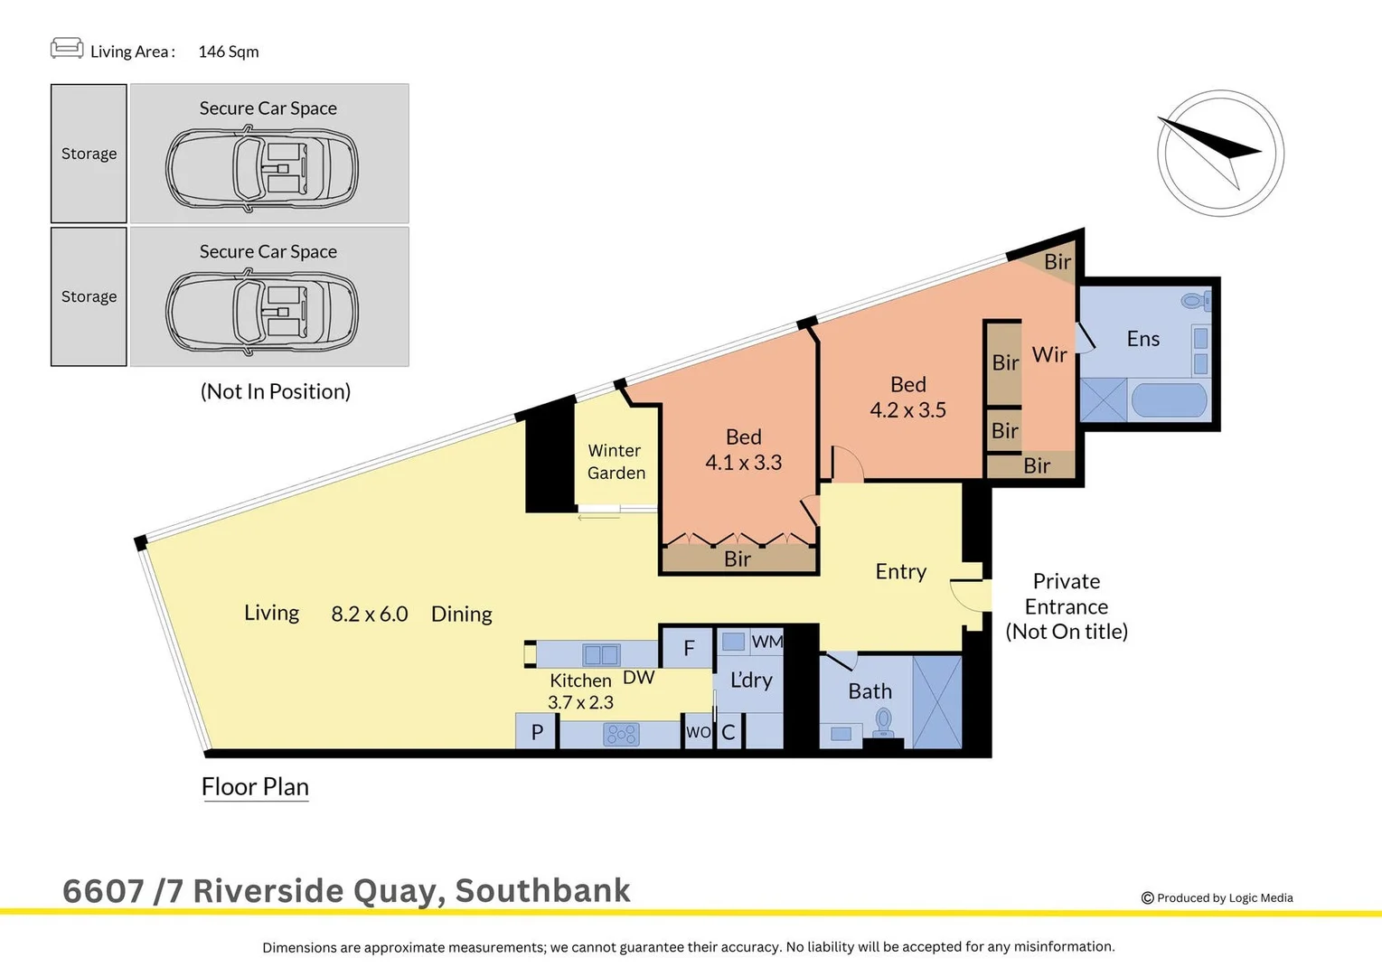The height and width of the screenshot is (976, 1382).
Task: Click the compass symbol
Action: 1220,153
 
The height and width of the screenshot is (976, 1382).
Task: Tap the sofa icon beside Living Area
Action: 67,48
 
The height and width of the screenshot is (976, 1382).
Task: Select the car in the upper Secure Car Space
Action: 261,169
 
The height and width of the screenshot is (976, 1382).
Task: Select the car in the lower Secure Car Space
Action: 261,312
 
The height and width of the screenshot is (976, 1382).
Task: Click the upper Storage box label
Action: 89,154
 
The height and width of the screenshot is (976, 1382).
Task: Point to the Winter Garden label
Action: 616,462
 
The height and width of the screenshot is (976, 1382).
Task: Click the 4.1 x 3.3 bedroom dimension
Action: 743,463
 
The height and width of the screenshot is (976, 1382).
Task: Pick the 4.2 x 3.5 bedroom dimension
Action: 907,410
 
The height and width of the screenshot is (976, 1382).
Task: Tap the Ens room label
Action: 1142,339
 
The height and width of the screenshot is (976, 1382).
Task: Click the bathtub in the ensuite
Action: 1169,399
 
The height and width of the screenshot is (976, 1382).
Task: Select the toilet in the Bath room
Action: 883,720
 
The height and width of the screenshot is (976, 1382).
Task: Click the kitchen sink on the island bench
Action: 601,654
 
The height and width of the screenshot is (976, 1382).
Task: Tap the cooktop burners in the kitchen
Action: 621,734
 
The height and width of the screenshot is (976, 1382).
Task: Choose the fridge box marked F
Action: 689,648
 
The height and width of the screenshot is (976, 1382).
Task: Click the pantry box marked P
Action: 537,732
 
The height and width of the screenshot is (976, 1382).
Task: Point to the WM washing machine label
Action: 766,642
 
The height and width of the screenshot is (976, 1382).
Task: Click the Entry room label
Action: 900,571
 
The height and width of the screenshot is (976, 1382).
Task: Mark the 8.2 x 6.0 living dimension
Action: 369,615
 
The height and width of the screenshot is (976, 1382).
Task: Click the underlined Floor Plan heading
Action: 255,787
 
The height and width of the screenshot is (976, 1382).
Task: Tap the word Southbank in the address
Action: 542,891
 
